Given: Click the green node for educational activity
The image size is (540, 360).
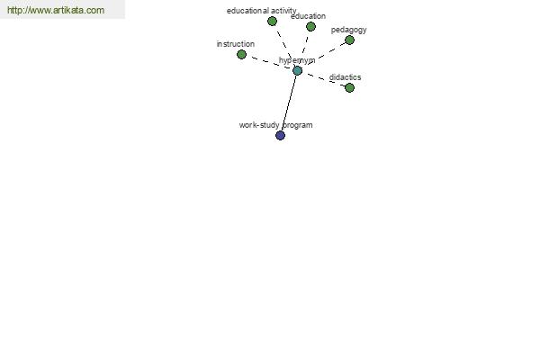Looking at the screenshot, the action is click(272, 22).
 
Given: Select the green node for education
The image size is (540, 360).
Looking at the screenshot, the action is click(310, 26).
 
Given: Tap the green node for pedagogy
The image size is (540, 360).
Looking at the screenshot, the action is click(349, 40).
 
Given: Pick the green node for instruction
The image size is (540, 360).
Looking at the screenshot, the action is click(242, 54).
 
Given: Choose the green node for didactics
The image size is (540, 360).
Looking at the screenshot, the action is click(349, 88).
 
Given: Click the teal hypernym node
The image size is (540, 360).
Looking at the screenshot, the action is click(297, 70).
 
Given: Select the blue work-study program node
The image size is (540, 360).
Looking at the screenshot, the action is click(280, 135).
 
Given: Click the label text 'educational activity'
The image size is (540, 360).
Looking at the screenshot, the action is click(261, 11).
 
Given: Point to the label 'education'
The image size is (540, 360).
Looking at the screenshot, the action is click(308, 16).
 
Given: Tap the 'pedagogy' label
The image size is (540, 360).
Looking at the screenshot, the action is click(349, 30).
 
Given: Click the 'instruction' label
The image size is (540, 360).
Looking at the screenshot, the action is click(236, 44).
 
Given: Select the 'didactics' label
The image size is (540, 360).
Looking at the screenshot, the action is click(345, 77).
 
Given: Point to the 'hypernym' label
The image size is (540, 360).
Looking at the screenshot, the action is click(297, 60).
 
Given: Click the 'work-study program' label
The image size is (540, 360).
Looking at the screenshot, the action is click(276, 125).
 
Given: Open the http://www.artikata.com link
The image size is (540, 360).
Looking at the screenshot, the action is click(56, 10).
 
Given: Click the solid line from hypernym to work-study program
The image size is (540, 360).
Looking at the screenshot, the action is click(289, 103).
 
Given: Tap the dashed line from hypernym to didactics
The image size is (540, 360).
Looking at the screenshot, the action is click(323, 79).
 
